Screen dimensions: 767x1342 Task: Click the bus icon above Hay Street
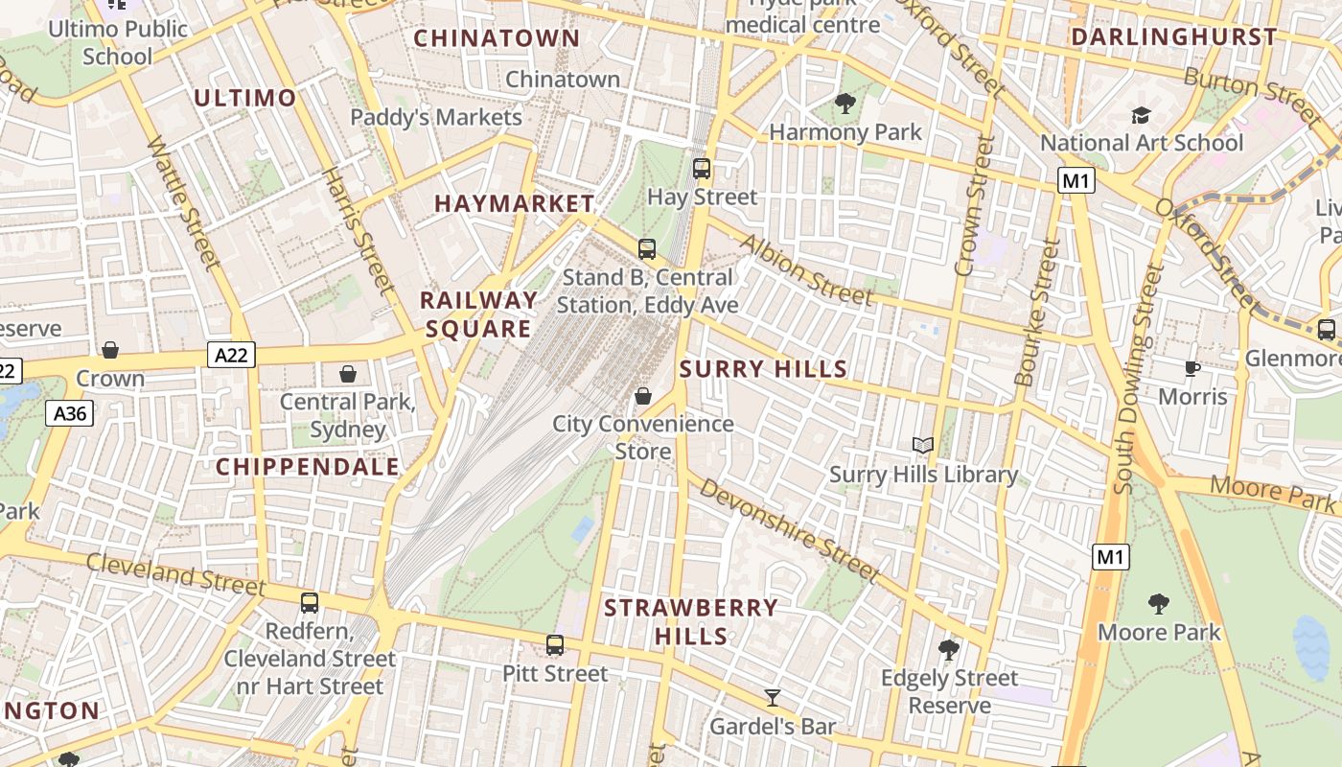pyautogui.click(x=702, y=169)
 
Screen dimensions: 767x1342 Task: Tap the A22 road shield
pyautogui.click(x=231, y=356)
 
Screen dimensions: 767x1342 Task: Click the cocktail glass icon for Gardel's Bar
pyautogui.click(x=773, y=697)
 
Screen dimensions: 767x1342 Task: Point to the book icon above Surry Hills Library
pyautogui.click(x=923, y=446)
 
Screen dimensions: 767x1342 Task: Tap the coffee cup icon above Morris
pyautogui.click(x=1192, y=368)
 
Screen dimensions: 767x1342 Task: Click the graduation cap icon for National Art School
pyautogui.click(x=1141, y=115)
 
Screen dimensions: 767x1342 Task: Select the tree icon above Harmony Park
pyautogui.click(x=845, y=103)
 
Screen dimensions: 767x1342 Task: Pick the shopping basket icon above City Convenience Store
pyautogui.click(x=643, y=395)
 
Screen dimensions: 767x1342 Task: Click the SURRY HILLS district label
pyautogui.click(x=763, y=369)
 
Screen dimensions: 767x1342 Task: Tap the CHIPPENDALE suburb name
pyautogui.click(x=307, y=467)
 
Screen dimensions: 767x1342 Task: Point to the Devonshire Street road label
pyautogui.click(x=789, y=529)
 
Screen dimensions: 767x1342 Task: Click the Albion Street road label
pyautogui.click(x=804, y=269)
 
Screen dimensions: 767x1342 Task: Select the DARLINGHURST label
pyautogui.click(x=1173, y=37)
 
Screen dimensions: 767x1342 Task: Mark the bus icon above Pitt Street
pyautogui.click(x=555, y=645)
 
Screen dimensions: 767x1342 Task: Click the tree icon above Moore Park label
pyautogui.click(x=1158, y=603)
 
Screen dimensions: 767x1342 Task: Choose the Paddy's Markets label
pyautogui.click(x=436, y=117)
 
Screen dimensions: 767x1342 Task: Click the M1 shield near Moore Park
pyautogui.click(x=1111, y=556)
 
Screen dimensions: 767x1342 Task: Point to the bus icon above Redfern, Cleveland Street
pyautogui.click(x=310, y=603)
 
